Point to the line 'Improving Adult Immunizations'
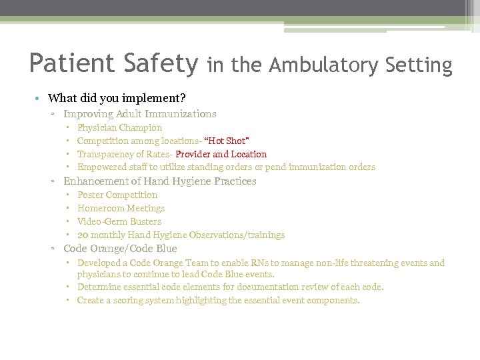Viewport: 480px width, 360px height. pyautogui.click(x=139, y=114)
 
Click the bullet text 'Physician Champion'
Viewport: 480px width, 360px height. pyautogui.click(x=119, y=127)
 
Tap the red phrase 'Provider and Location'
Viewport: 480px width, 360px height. pyautogui.click(x=221, y=154)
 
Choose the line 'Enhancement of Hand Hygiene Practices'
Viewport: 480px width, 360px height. pyautogui.click(x=159, y=181)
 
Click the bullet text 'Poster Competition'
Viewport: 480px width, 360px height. pyautogui.click(x=117, y=195)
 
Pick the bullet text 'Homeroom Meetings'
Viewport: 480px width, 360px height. pyautogui.click(x=121, y=208)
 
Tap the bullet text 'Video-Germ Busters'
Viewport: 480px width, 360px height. pyautogui.click(x=119, y=221)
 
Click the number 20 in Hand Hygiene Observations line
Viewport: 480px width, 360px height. pyautogui.click(x=83, y=235)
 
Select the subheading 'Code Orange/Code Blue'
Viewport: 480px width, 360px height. pyautogui.click(x=120, y=249)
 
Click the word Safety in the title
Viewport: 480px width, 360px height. pyautogui.click(x=160, y=64)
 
